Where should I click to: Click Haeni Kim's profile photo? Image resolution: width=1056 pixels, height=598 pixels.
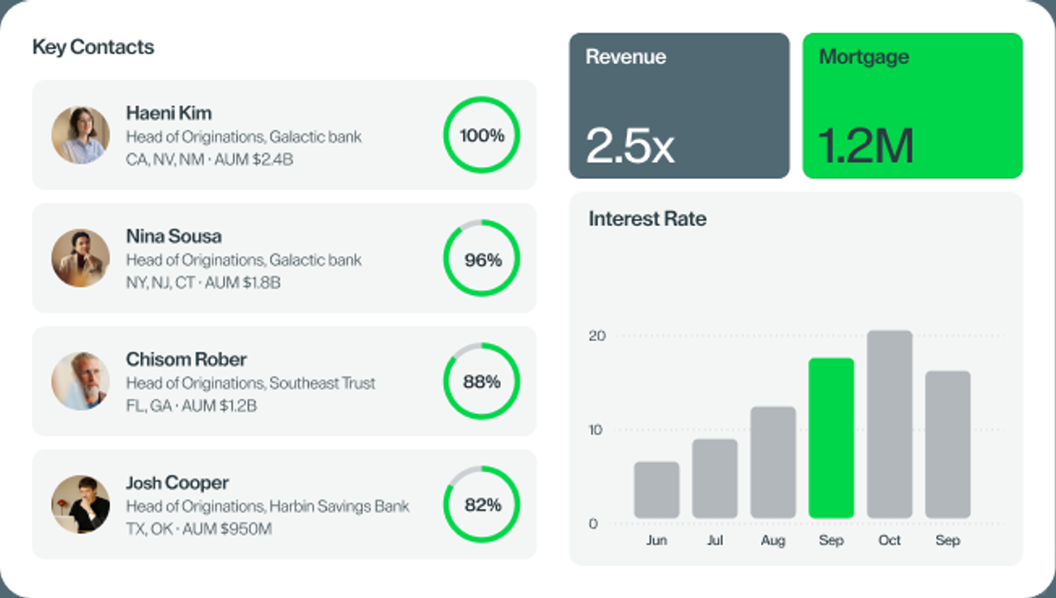click(x=80, y=135)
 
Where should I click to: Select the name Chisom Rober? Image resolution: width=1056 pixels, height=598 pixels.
click(x=186, y=360)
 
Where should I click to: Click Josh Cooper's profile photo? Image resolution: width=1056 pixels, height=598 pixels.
click(x=80, y=504)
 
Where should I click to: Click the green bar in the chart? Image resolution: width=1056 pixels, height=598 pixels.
click(x=832, y=438)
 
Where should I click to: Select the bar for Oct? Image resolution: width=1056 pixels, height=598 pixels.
click(x=890, y=425)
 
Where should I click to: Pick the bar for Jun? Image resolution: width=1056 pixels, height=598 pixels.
click(x=656, y=490)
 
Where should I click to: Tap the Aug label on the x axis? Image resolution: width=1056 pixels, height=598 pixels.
click(x=773, y=540)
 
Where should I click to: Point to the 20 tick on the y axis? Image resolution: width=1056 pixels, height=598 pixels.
click(x=596, y=336)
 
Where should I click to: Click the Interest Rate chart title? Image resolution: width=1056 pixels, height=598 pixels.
click(x=648, y=219)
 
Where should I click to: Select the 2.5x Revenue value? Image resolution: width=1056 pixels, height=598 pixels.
click(x=630, y=146)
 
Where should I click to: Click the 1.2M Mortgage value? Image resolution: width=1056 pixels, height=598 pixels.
click(x=866, y=146)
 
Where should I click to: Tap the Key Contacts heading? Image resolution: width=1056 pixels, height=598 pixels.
click(x=93, y=47)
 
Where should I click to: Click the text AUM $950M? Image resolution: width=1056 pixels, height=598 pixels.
click(x=227, y=529)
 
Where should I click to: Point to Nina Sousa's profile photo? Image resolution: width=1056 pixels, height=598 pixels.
click(x=80, y=258)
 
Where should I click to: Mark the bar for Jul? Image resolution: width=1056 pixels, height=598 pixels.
click(x=715, y=479)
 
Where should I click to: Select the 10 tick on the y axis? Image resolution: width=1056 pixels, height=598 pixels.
click(x=596, y=429)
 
